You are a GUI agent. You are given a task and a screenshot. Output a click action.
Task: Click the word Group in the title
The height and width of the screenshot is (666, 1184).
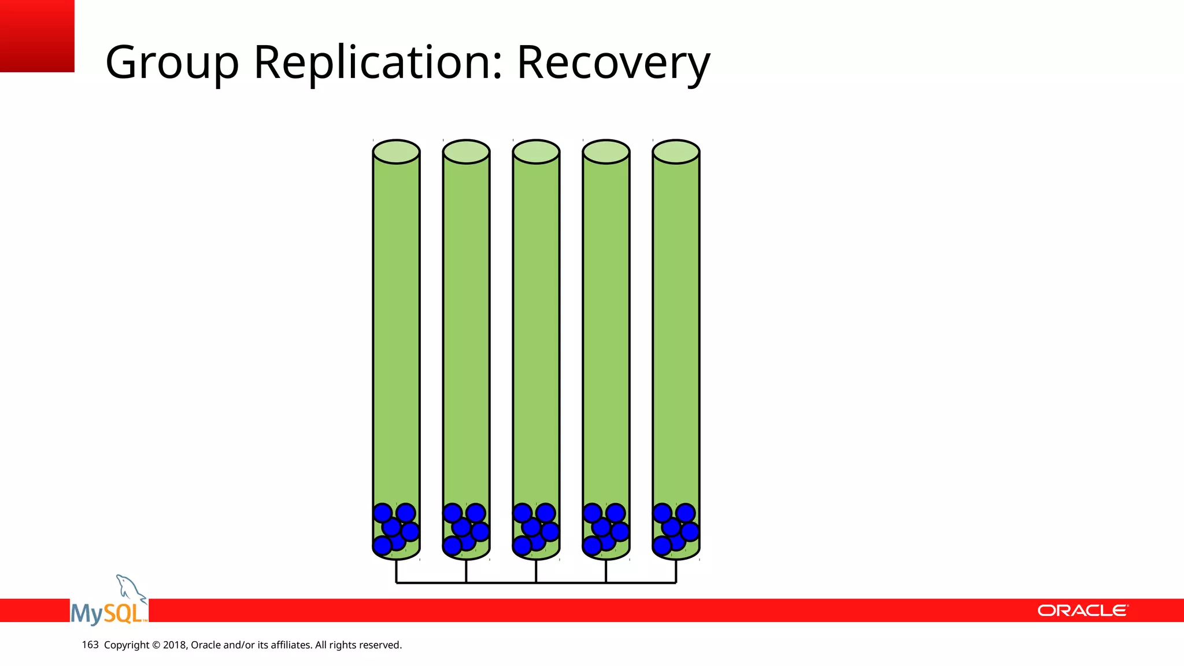(x=172, y=63)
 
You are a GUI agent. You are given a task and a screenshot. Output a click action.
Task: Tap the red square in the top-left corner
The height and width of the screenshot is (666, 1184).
(x=37, y=36)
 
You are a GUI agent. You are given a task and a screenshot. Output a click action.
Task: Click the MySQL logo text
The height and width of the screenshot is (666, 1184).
(x=108, y=613)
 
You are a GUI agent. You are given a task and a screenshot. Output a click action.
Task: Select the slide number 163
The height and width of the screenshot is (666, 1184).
(x=90, y=645)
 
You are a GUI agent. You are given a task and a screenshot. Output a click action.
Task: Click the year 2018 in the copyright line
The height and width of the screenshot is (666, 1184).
(x=174, y=645)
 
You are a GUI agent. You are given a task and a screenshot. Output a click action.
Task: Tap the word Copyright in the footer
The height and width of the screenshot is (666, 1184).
(x=127, y=645)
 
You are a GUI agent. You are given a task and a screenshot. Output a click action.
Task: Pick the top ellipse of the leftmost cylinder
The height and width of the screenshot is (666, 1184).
(x=396, y=152)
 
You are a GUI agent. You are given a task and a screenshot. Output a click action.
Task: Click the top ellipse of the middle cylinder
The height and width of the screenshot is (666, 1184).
(x=536, y=152)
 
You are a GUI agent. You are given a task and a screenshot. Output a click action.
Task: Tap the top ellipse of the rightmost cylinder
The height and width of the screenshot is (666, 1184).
(x=676, y=152)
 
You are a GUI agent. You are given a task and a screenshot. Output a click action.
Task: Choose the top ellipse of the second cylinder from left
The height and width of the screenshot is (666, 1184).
(x=466, y=152)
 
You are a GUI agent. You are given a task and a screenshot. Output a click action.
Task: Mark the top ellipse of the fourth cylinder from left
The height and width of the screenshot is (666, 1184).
(x=606, y=152)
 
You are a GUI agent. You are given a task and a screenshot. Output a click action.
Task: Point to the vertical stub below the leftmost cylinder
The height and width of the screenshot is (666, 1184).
(x=396, y=571)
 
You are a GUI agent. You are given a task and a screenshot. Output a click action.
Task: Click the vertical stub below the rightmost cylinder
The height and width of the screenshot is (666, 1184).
(x=676, y=571)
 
